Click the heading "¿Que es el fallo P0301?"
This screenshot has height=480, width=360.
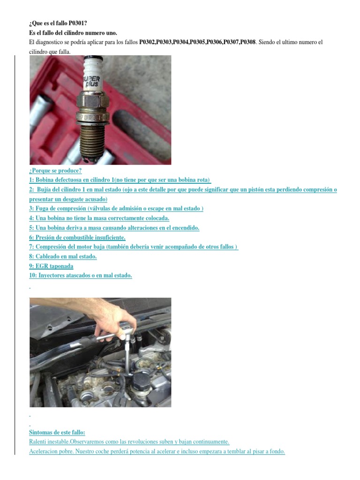pyautogui.click(x=58, y=23)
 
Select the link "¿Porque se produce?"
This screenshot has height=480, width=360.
pyautogui.click(x=55, y=171)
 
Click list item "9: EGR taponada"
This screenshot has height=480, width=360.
pyautogui.click(x=51, y=266)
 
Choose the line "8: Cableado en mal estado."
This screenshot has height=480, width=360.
pyautogui.click(x=63, y=256)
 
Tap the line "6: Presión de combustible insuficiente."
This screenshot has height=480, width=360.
pyautogui.click(x=77, y=237)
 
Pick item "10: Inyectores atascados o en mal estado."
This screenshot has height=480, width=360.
pyautogui.click(x=80, y=275)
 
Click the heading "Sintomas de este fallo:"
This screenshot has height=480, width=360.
pyautogui.click(x=57, y=433)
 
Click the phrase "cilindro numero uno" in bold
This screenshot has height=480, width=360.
pyautogui.click(x=92, y=32)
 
